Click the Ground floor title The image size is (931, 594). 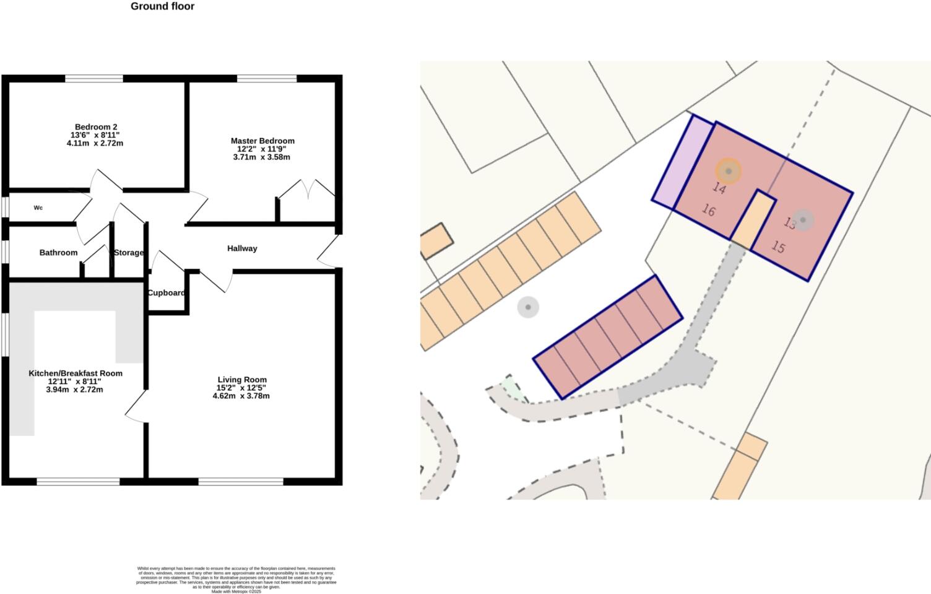pos(162,7)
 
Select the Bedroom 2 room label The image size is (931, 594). pos(95,127)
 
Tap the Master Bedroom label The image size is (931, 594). pos(262,141)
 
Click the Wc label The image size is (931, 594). pos(38,208)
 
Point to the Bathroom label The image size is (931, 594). pos(58,253)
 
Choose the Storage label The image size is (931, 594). pos(128,253)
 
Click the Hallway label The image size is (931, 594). pos(242,248)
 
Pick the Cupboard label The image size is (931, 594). pos(166,293)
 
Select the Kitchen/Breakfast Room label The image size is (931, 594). pos(76,373)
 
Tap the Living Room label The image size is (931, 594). pos(242,380)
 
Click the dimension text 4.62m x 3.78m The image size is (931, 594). pos(241,396)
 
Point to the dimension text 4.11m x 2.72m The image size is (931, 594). pos(95,144)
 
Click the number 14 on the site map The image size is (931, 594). pos(719,188)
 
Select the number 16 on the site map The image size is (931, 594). pos(709,211)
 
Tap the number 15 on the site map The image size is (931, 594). pos(778,247)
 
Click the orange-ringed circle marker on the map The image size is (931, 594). pos(729,171)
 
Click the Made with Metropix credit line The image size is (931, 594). pos(236,592)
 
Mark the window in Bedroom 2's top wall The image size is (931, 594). pos(94,79)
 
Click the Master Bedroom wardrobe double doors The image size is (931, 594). pos(308,188)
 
